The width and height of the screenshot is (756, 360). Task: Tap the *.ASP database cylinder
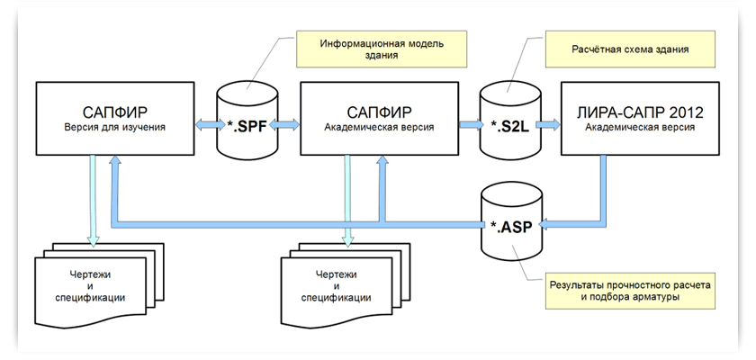click(511, 219)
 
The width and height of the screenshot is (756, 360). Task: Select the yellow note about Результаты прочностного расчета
click(633, 291)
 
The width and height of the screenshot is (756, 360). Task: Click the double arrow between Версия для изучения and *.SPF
click(209, 128)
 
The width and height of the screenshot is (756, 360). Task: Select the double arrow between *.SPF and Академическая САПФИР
click(286, 128)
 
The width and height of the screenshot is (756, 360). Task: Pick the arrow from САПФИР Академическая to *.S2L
click(469, 128)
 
